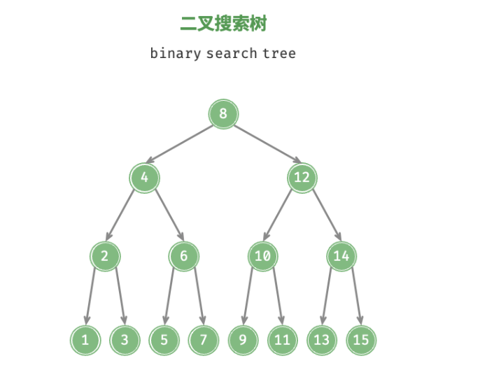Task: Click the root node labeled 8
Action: (223, 114)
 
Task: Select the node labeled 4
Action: (144, 177)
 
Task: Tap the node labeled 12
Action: (302, 177)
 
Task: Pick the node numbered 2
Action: (105, 256)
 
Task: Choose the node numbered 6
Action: (183, 256)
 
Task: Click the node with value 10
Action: (262, 256)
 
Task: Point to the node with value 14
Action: (341, 256)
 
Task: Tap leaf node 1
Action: (85, 341)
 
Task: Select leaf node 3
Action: (125, 341)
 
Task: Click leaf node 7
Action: (204, 341)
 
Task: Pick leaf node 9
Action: (243, 341)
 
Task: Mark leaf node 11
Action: (282, 341)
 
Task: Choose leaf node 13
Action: (321, 341)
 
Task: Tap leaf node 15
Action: (361, 341)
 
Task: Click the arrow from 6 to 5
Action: (170, 297)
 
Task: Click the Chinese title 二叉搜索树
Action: (223, 24)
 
